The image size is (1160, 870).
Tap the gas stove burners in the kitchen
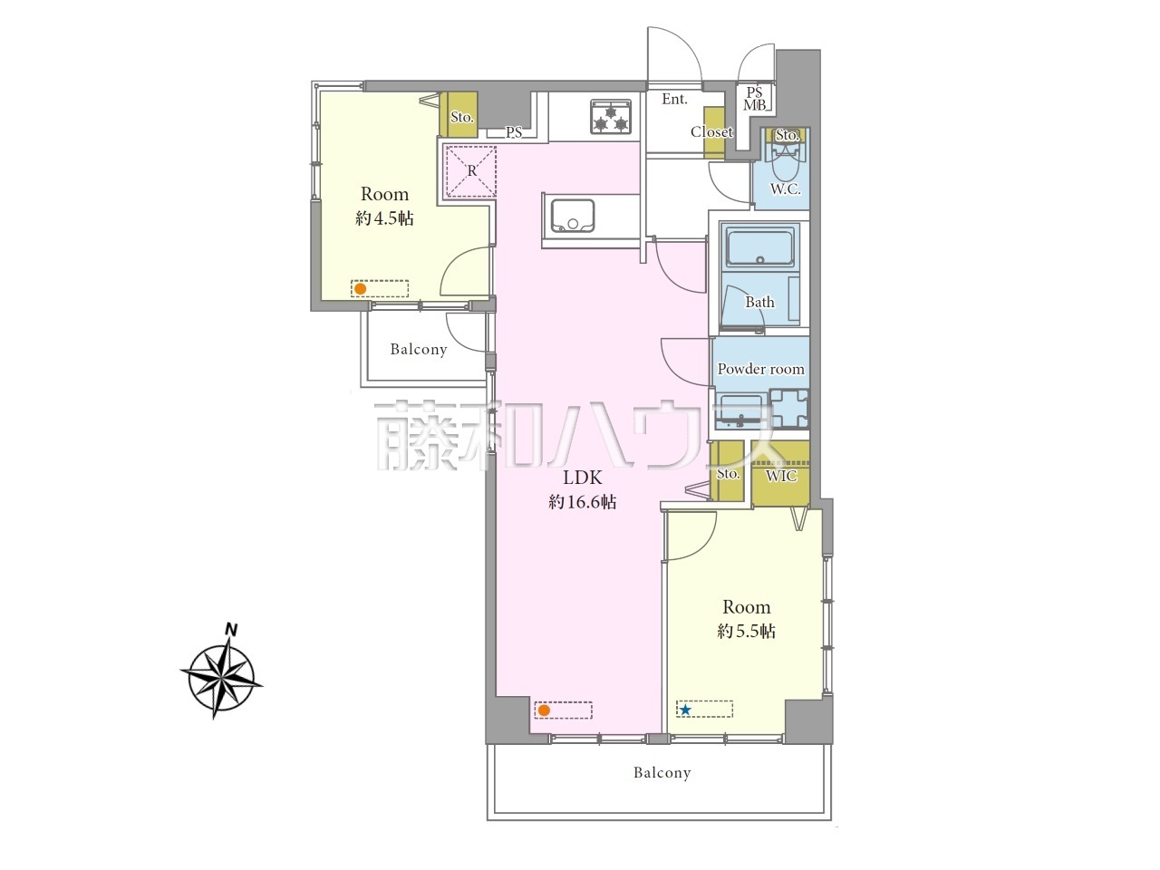click(x=611, y=116)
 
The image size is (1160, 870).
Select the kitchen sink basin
click(x=573, y=216)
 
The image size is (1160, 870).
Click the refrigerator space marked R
click(x=471, y=170)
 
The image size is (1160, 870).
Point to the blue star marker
click(x=685, y=710)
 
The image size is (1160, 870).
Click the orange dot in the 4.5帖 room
click(x=360, y=289)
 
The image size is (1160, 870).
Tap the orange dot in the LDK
click(x=544, y=710)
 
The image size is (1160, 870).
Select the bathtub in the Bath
click(x=760, y=246)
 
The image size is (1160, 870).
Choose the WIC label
click(x=781, y=476)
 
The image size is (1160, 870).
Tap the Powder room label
click(x=760, y=369)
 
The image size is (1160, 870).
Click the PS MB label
click(x=754, y=99)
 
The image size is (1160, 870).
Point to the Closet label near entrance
click(x=711, y=131)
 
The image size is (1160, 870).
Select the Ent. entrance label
click(x=674, y=99)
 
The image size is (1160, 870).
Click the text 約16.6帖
click(x=582, y=502)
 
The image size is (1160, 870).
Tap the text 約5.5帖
click(x=746, y=632)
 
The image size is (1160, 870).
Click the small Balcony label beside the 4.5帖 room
click(x=419, y=349)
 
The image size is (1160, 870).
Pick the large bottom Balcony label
click(x=662, y=773)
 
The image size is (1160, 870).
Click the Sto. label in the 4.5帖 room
click(x=461, y=117)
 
